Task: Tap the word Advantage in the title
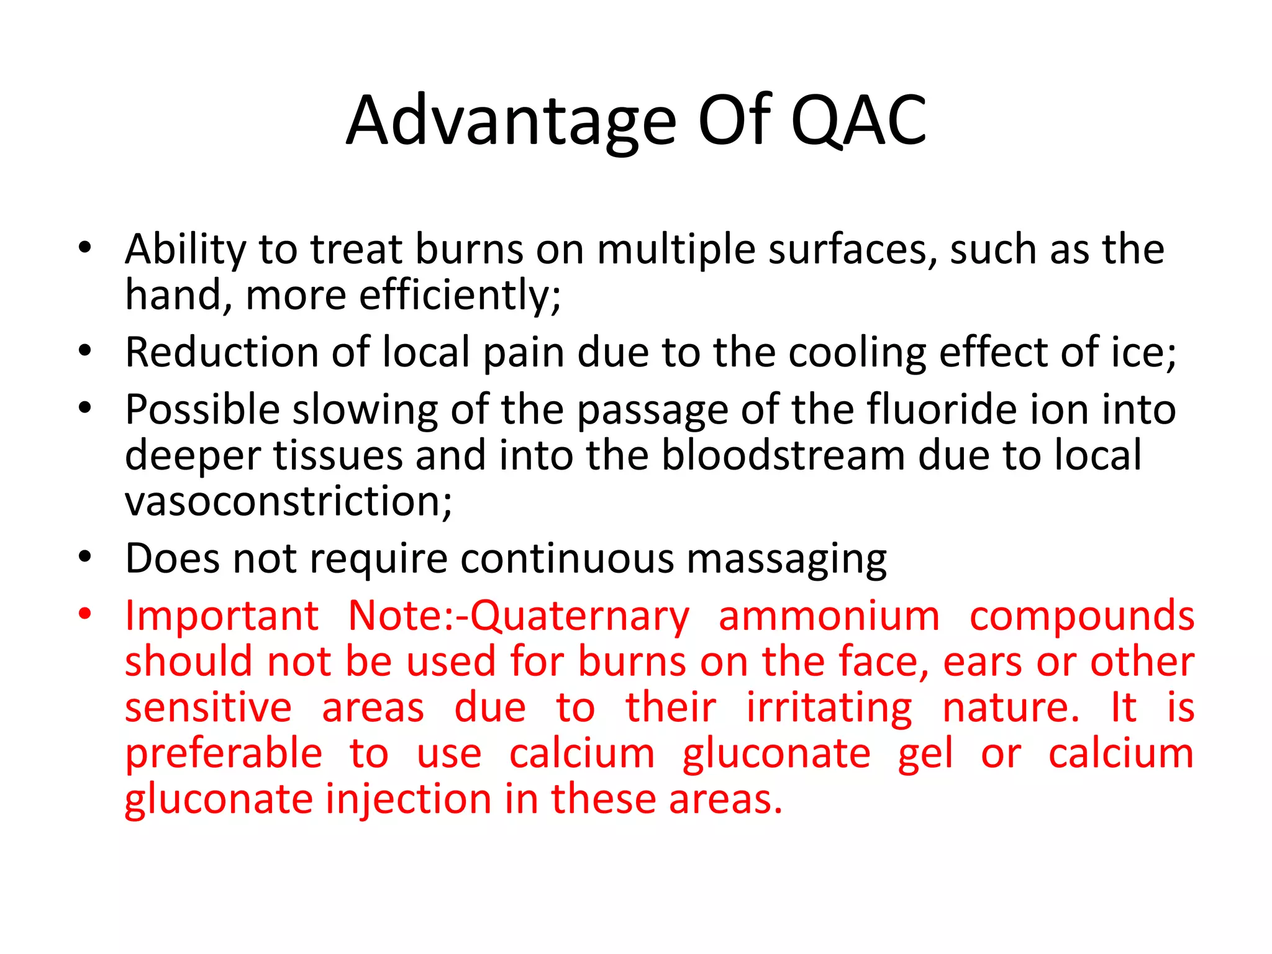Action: [x=511, y=121]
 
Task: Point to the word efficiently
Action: [x=460, y=295]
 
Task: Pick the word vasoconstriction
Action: [x=288, y=501]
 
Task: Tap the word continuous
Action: [x=567, y=559]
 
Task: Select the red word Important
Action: [x=222, y=616]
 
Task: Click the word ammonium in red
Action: [x=829, y=616]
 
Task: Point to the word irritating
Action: [x=829, y=708]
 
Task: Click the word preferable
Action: [x=224, y=754]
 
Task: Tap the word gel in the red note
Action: [x=925, y=754]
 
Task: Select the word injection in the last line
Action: [x=409, y=799]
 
